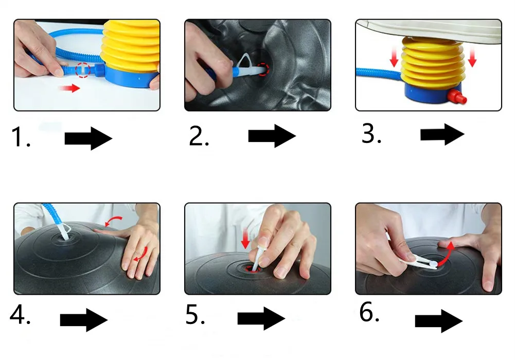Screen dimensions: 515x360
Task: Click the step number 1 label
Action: coord(21,137)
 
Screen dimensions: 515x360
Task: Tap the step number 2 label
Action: coord(199,136)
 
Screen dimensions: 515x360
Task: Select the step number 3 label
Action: coord(371,134)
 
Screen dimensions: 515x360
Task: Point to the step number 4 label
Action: coord(20,315)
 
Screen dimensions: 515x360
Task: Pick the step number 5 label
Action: coord(195,314)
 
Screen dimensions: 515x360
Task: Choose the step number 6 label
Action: coord(369,312)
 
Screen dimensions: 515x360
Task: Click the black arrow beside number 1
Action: coord(88,138)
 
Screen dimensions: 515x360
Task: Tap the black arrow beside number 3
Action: coord(442,134)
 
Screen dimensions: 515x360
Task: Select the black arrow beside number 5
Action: coord(261,318)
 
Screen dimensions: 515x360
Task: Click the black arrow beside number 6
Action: coord(439,321)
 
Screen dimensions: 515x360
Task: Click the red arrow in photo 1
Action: coord(69,88)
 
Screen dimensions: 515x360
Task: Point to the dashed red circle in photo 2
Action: coord(263,69)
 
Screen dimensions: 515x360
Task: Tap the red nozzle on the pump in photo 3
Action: coord(457,97)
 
